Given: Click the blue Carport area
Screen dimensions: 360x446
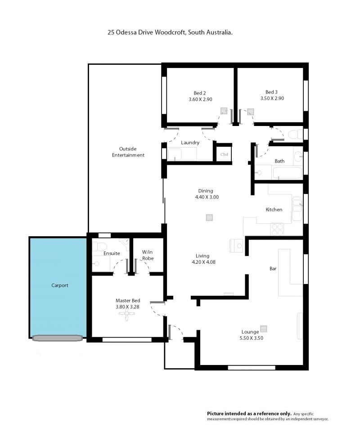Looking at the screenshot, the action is tap(58, 287).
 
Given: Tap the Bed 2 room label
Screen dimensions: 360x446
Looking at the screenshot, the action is tap(200, 93).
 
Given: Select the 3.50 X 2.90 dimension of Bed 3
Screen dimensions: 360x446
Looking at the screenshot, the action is tap(272, 98).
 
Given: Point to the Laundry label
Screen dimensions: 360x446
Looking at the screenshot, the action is tap(190, 143).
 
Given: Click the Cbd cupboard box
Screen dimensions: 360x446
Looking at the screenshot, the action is tap(224, 154).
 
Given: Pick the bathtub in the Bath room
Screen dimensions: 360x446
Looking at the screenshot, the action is tap(287, 173).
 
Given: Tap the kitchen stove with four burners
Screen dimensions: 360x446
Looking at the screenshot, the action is tap(277, 229).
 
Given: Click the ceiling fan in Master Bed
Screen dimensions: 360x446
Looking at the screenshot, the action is tap(127, 314).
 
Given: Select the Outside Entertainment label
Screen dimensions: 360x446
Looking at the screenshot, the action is tap(128, 152).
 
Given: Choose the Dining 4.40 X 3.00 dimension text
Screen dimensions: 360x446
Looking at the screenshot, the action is tap(207, 197).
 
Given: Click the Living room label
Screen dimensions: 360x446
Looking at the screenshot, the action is tap(202, 256).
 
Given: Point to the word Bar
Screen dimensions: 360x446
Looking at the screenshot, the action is tap(273, 268).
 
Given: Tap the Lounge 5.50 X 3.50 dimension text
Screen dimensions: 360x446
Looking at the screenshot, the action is tap(252, 338).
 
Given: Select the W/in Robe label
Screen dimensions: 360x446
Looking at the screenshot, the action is tap(148, 255).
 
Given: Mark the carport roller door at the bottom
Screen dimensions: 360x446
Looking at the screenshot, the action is tap(58, 338).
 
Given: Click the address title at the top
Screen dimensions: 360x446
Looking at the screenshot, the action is tap(170, 32).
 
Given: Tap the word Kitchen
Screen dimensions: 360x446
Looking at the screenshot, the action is tap(274, 210).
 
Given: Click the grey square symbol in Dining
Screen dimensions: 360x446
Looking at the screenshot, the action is tap(209, 217).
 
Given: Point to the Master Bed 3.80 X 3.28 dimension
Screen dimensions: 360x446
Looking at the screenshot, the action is tap(127, 306).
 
